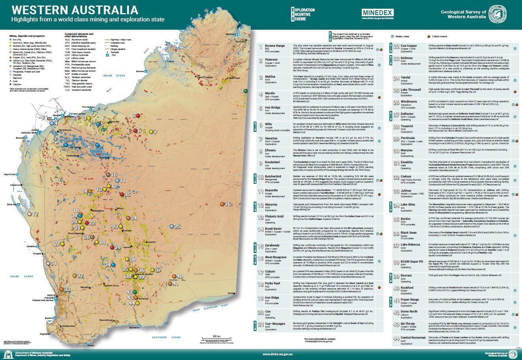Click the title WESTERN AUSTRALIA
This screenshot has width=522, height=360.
pos(75,10)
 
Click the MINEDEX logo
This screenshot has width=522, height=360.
pos(378,12)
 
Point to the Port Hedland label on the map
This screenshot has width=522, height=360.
pos(89,107)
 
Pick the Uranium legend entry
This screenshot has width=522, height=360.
pos(18,84)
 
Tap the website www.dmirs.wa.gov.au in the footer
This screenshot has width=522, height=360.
pos(280,354)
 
